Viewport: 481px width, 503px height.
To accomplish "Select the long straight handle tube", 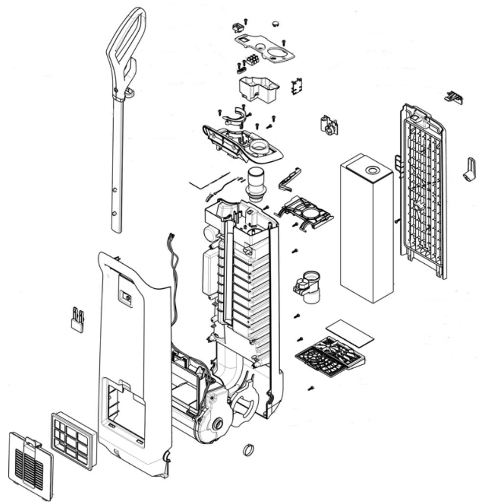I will click(117, 162).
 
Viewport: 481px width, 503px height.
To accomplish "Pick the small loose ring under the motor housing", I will click(248, 449).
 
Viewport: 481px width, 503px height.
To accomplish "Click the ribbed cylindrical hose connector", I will click(255, 184).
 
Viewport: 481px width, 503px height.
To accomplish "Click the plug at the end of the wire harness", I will click(170, 238).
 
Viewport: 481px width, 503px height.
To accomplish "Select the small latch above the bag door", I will click(454, 97).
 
